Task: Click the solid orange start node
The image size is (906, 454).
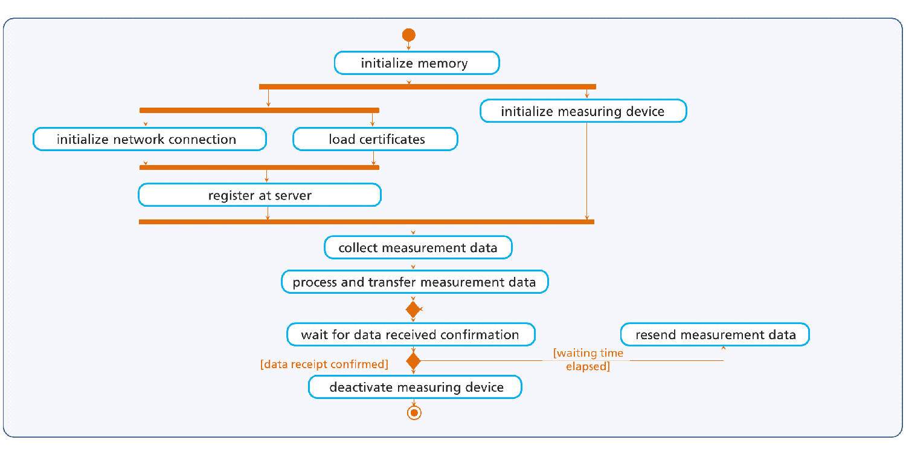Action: click(x=409, y=35)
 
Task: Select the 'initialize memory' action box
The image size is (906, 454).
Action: click(x=417, y=63)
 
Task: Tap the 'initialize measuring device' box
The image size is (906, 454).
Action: click(x=583, y=111)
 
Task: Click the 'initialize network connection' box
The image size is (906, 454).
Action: click(x=149, y=139)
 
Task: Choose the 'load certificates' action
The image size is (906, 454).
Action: click(x=375, y=139)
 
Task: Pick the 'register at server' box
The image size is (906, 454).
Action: click(x=260, y=195)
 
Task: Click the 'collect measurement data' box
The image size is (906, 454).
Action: click(x=418, y=247)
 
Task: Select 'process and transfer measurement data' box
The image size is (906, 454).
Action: click(x=414, y=282)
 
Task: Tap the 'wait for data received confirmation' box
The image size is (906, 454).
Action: click(x=410, y=334)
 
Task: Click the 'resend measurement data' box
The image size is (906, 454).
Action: click(x=715, y=334)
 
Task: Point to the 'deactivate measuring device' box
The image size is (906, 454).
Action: click(x=415, y=387)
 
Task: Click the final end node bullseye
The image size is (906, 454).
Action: click(x=414, y=413)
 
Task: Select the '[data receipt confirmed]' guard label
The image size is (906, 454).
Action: click(x=324, y=364)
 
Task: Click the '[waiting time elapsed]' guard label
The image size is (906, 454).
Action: click(x=588, y=360)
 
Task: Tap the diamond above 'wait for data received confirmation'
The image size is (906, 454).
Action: click(x=413, y=310)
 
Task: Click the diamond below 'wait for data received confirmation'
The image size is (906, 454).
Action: click(x=413, y=362)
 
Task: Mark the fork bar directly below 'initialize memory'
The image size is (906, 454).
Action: click(x=427, y=86)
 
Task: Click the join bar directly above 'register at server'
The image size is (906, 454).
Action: click(x=259, y=167)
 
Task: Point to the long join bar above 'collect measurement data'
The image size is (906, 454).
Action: click(x=366, y=222)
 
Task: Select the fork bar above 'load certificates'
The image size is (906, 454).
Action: click(x=259, y=110)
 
